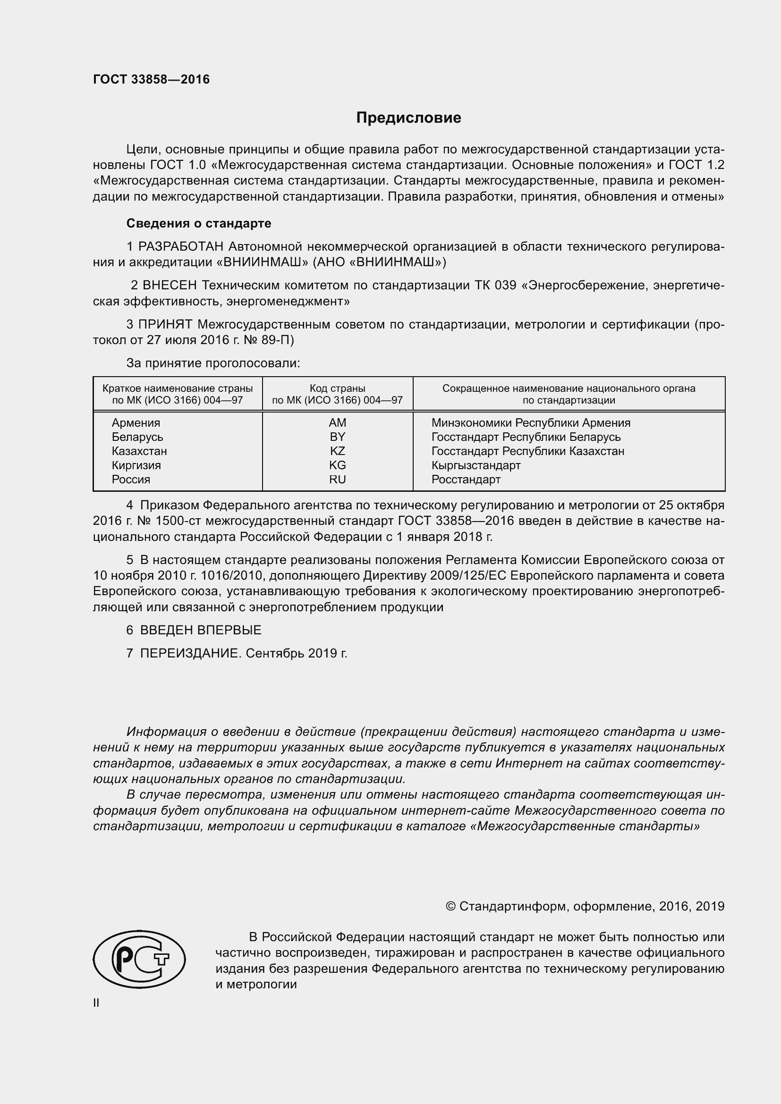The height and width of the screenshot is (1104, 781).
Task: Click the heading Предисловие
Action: click(408, 118)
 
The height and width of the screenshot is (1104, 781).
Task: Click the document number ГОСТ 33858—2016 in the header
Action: click(152, 79)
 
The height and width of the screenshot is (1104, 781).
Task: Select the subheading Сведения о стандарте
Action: click(199, 223)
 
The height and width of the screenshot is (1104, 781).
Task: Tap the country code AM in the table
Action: click(337, 422)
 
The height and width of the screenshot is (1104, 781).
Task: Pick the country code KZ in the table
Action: click(337, 451)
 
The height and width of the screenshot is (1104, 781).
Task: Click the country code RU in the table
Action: click(337, 480)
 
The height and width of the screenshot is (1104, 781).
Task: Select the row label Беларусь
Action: click(137, 437)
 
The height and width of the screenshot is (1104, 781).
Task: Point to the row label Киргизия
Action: click(136, 465)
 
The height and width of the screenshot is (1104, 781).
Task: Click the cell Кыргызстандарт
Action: click(475, 465)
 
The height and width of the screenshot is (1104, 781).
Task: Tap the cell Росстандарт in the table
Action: click(466, 480)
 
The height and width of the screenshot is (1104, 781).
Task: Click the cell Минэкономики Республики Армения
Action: click(530, 422)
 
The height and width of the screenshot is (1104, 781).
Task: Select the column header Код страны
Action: click(337, 388)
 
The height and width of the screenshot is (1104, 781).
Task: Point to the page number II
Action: click(96, 1003)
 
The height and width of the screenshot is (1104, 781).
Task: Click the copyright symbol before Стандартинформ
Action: click(450, 906)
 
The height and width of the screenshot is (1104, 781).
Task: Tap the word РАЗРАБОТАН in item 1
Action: click(181, 247)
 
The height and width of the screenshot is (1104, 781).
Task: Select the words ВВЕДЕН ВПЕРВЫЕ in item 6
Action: click(201, 630)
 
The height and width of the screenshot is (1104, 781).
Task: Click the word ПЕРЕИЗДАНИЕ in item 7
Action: click(190, 653)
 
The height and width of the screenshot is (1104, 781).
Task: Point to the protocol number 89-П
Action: click(279, 340)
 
